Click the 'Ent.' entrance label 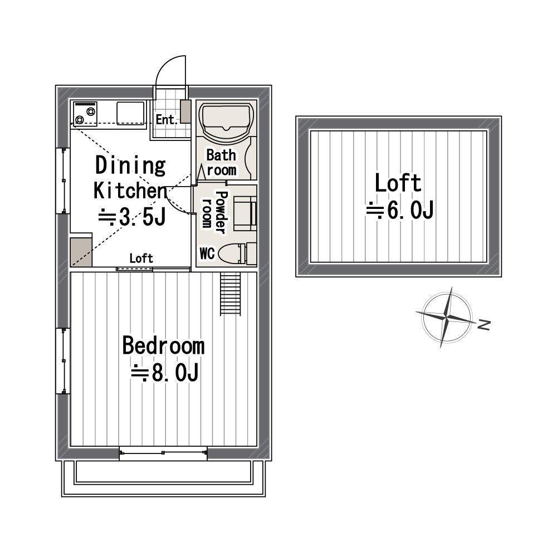coord(166,120)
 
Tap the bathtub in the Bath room coord(227,120)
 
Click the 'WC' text coord(207,253)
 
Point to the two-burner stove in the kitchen coord(85,113)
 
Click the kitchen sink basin coord(130,113)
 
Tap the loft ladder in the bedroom coord(231,294)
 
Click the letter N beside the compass coord(484,325)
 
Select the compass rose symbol coord(446,317)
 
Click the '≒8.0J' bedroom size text coord(164,373)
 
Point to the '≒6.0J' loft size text coord(399,210)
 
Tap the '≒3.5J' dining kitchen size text coord(132,217)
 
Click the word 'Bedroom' coord(163,345)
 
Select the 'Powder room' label coord(214,212)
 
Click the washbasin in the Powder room coord(245,214)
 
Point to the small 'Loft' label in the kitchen coord(141,259)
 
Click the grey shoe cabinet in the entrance coord(185,111)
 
